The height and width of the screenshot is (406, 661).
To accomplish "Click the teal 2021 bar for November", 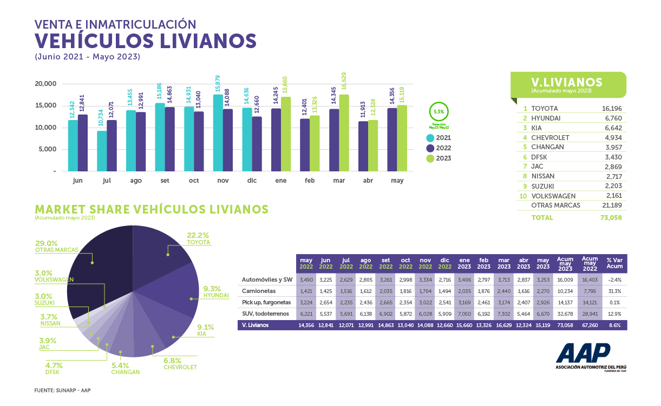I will tap(218, 133).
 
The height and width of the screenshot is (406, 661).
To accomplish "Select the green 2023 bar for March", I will tap(344, 133).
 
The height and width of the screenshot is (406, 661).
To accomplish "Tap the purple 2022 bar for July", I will tap(112, 145).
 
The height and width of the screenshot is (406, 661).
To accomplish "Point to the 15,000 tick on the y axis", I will tap(45, 105).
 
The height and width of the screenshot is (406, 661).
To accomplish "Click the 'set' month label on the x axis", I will tap(165, 181).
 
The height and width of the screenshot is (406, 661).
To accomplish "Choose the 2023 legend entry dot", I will tap(430, 158).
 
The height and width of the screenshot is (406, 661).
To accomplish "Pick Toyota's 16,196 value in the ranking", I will tap(612, 109).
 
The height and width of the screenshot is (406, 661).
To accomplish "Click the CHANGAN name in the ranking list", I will tap(547, 147).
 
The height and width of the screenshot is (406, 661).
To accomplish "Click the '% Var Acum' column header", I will tap(613, 263).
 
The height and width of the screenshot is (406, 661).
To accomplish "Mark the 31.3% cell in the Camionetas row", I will tap(613, 290).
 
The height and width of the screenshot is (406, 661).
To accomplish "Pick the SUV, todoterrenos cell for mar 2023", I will tap(503, 314).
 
